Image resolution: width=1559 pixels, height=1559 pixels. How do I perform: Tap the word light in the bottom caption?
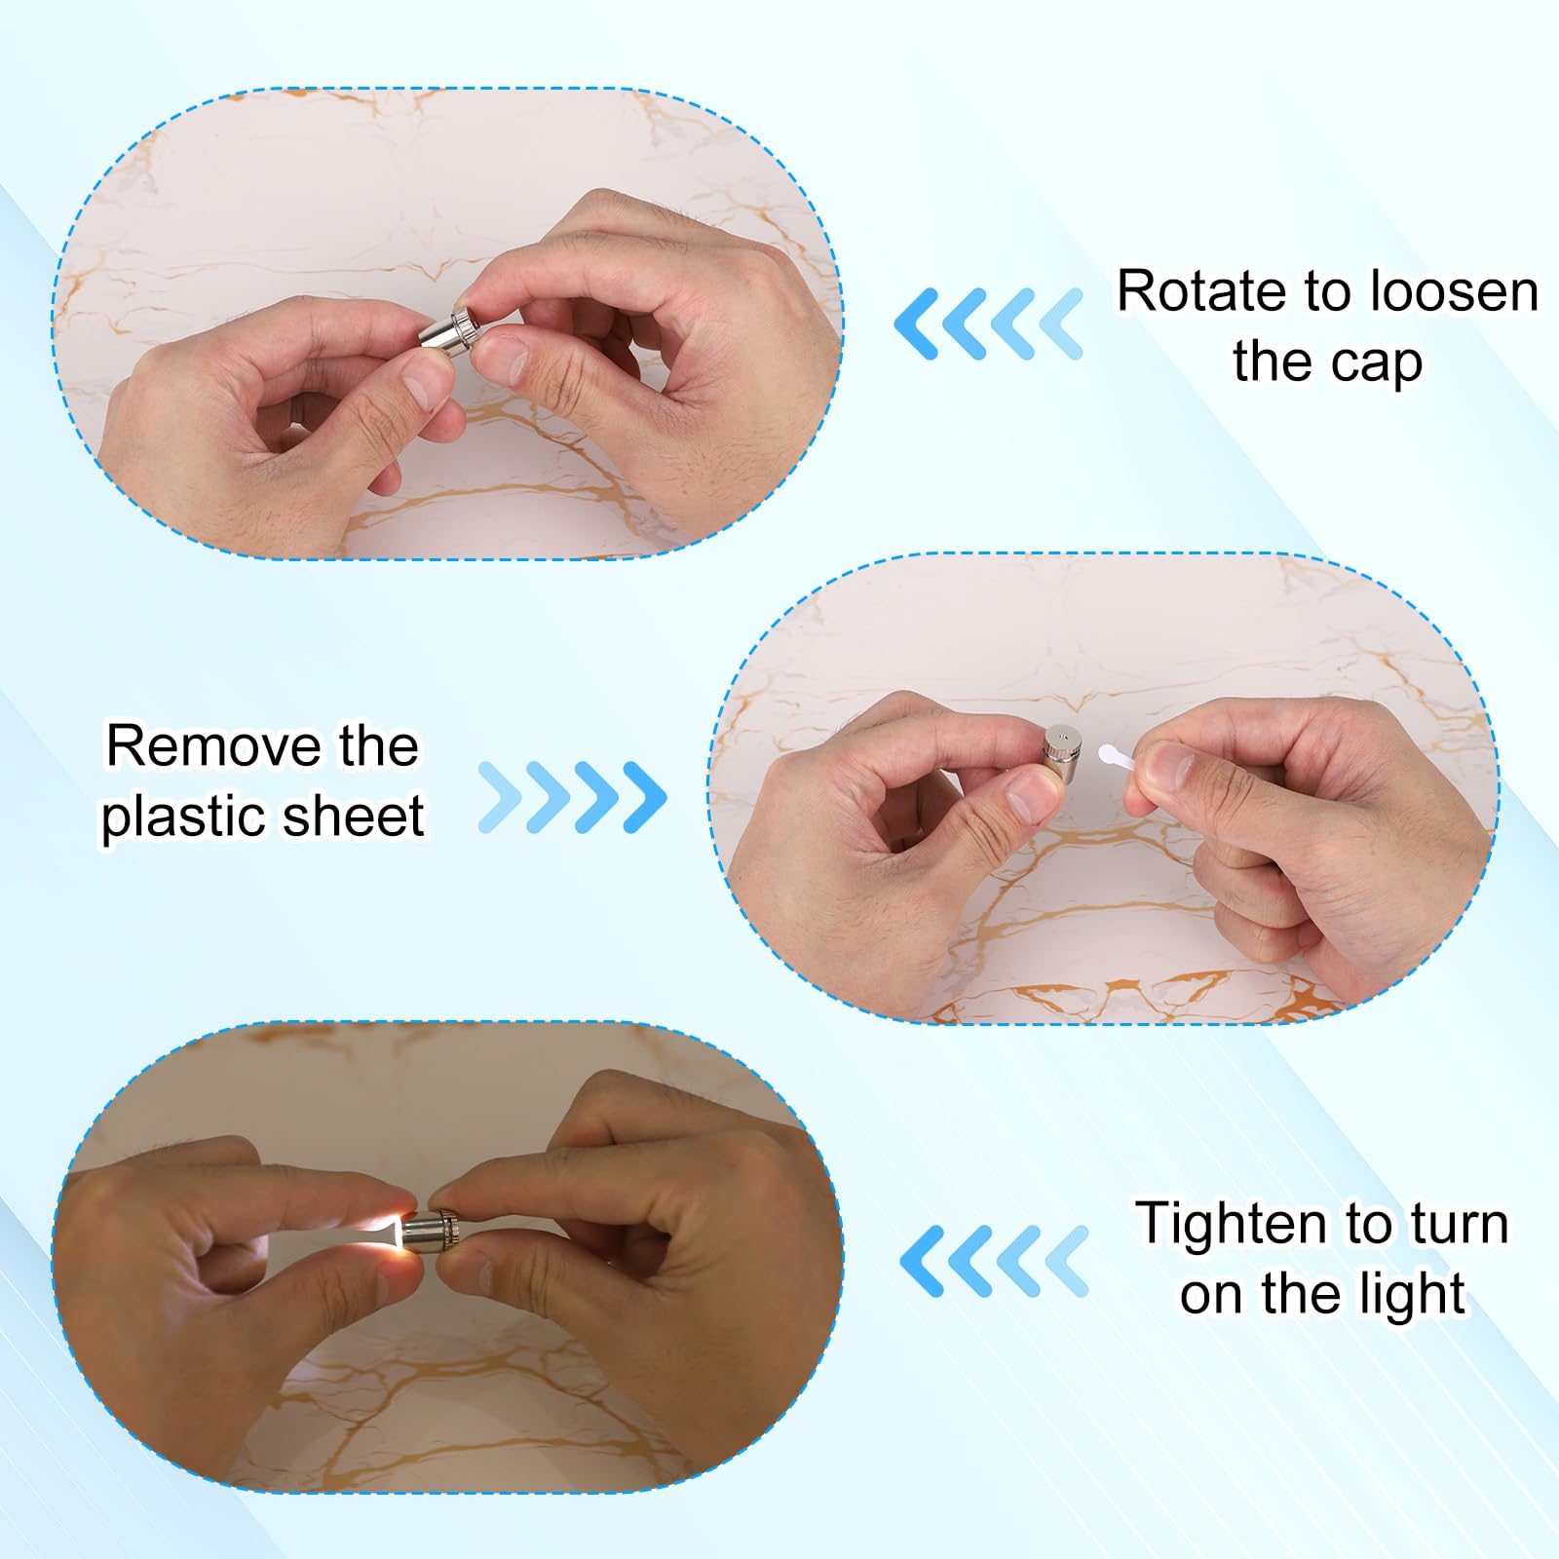coord(1414,1295)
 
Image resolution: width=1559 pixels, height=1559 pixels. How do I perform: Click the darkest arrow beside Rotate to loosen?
coord(918,323)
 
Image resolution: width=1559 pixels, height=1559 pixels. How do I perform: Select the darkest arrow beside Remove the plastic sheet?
coord(644,797)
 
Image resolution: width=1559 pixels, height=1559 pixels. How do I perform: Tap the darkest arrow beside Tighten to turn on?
coord(922,1261)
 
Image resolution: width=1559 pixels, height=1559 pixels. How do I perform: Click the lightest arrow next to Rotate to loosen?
coord(1061,323)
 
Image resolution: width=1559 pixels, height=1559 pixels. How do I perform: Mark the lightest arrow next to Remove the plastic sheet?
coord(500,797)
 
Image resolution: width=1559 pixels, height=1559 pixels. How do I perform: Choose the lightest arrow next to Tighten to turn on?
coord(1066,1261)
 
